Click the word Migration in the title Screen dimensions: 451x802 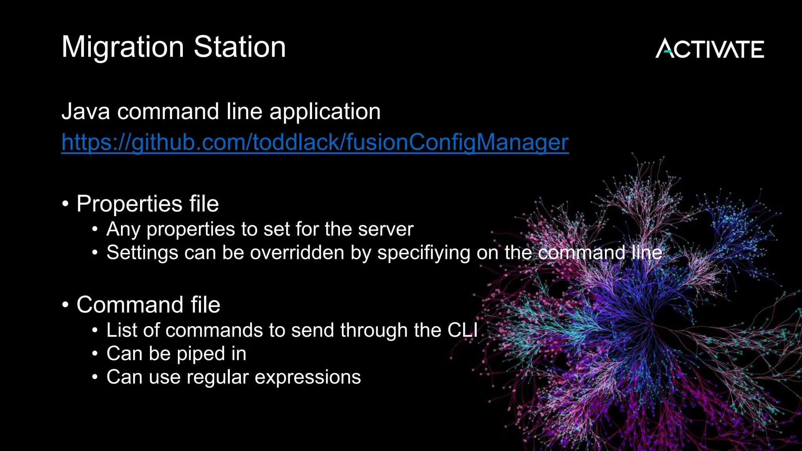[x=123, y=47]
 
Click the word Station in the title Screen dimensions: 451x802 [x=240, y=47]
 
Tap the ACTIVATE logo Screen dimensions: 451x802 [x=710, y=49]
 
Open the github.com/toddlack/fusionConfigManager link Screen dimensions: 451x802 [x=315, y=142]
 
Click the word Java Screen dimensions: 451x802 [x=86, y=112]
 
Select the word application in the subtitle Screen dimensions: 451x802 [x=325, y=112]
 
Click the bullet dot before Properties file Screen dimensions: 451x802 [x=65, y=204]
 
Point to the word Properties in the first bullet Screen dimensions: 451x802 [x=129, y=204]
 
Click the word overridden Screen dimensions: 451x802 [x=297, y=253]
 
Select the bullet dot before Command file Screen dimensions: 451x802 [x=65, y=305]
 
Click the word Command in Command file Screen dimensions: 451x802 [x=130, y=305]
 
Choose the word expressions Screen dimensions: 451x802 [x=308, y=377]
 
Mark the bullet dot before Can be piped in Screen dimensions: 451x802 [x=95, y=354]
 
